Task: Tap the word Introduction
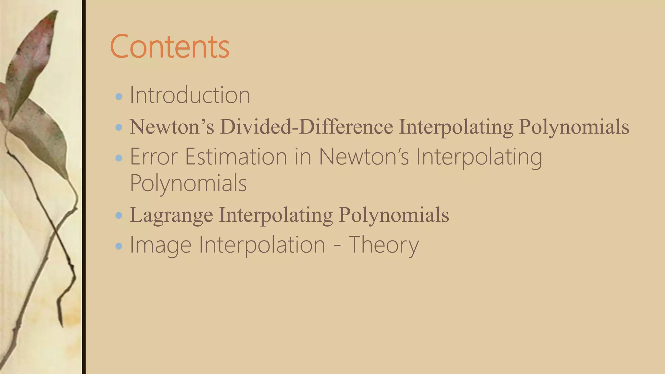point(190,95)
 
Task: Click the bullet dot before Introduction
point(119,96)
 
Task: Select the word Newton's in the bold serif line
point(172,127)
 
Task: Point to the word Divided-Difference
point(307,127)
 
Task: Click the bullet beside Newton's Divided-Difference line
point(119,127)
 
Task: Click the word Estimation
point(236,157)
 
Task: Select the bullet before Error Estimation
point(119,158)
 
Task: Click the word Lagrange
point(171,215)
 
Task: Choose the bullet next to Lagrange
point(119,215)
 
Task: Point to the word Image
point(160,245)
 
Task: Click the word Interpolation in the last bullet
point(262,245)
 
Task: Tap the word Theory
point(384,245)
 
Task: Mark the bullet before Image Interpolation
point(119,246)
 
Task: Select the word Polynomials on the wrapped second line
point(188,183)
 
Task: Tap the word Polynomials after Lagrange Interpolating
point(394,215)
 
